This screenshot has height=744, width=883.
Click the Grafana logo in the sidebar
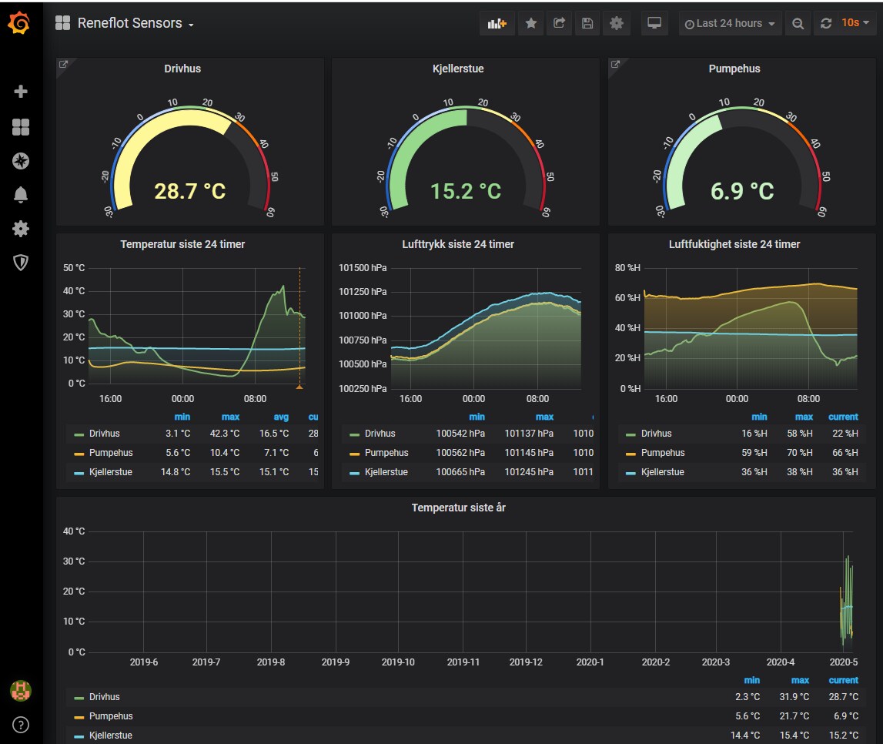pyautogui.click(x=19, y=23)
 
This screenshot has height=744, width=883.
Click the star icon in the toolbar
pyautogui.click(x=530, y=23)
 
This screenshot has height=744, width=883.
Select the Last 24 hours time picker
pyautogui.click(x=730, y=23)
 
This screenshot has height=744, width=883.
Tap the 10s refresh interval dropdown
pyautogui.click(x=855, y=23)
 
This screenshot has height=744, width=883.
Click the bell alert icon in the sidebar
pyautogui.click(x=20, y=194)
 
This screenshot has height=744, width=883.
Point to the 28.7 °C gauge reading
pyautogui.click(x=190, y=192)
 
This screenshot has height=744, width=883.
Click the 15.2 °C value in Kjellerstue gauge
pyautogui.click(x=466, y=192)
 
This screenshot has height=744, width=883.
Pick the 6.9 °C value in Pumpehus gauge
pyautogui.click(x=742, y=192)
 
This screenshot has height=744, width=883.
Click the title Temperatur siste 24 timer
pyautogui.click(x=182, y=244)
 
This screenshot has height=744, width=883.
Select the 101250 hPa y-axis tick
pyautogui.click(x=363, y=292)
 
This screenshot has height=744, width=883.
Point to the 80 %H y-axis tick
pyautogui.click(x=627, y=267)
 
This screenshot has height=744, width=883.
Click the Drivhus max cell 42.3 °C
pyautogui.click(x=225, y=433)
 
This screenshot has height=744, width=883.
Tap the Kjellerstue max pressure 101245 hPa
pyautogui.click(x=529, y=471)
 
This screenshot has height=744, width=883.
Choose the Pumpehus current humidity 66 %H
pyautogui.click(x=845, y=452)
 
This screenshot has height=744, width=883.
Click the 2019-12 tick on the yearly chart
pyautogui.click(x=526, y=662)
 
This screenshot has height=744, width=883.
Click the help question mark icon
pyautogui.click(x=20, y=725)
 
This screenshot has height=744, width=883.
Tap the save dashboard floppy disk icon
pyautogui.click(x=587, y=23)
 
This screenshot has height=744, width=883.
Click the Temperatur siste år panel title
pyautogui.click(x=458, y=508)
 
